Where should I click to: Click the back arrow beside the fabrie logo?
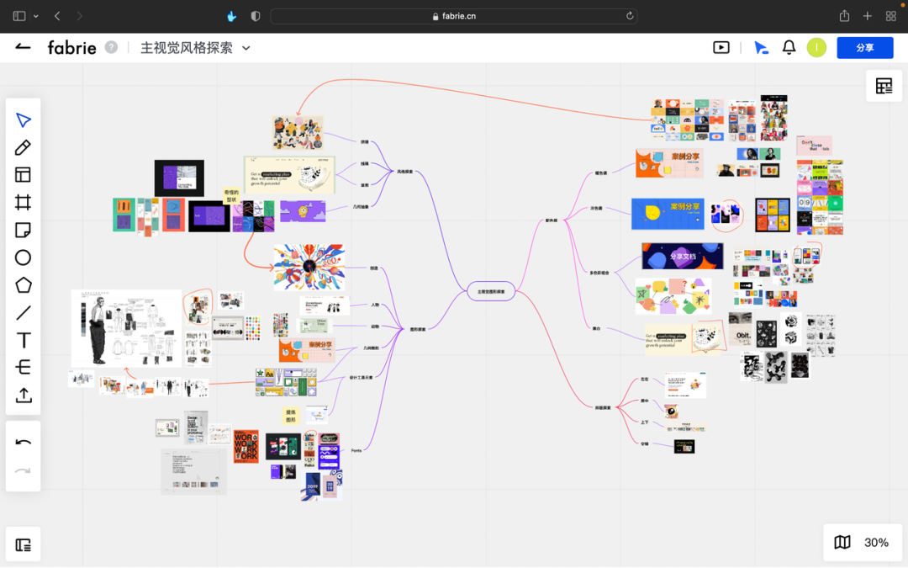tap(23, 47)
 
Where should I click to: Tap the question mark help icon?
tap(111, 47)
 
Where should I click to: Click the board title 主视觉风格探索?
tap(186, 48)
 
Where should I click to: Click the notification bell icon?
tap(789, 48)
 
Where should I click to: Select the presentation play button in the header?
tap(721, 48)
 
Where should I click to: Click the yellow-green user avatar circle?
tap(816, 48)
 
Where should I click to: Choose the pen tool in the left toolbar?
tap(24, 148)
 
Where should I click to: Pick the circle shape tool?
tap(24, 257)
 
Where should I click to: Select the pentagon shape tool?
tap(24, 285)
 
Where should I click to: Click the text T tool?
tap(24, 340)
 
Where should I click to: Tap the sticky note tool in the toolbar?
tap(24, 230)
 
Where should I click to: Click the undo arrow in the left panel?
tap(24, 443)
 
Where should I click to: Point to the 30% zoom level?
tap(876, 543)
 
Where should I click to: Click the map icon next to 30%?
tap(842, 543)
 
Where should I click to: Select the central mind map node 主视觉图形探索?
tap(491, 291)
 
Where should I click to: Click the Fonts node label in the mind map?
tap(356, 451)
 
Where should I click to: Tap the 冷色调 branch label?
tap(596, 208)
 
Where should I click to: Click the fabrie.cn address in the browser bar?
tap(459, 16)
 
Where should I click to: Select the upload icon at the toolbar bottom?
tap(24, 395)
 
